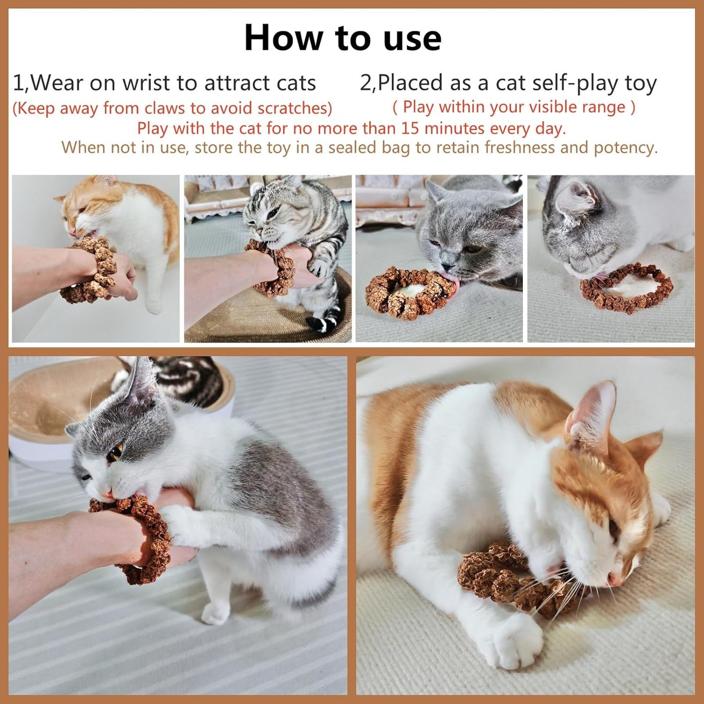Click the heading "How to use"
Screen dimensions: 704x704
[x=342, y=38]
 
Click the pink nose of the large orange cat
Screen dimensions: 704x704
[x=615, y=579]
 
